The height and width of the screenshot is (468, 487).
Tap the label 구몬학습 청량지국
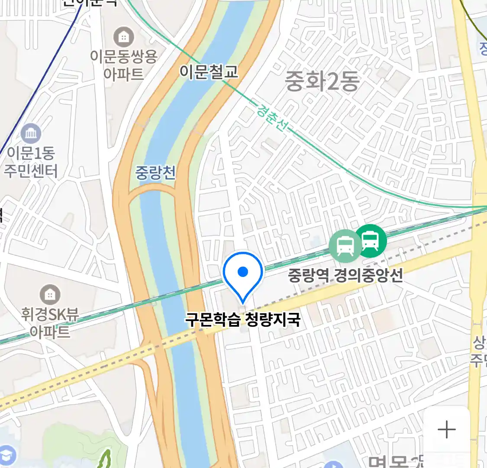(x=242, y=320)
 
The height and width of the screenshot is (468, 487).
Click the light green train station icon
(x=345, y=246)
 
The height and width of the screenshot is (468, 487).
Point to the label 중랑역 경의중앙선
(x=345, y=275)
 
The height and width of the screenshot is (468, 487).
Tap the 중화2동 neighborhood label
(x=322, y=81)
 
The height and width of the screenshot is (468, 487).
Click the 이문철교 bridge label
(x=209, y=72)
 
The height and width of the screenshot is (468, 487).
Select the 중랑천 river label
(x=155, y=172)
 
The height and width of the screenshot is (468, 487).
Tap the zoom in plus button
(x=446, y=430)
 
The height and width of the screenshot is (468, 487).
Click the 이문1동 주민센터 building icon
(x=31, y=133)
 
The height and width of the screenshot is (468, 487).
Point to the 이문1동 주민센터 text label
(x=31, y=162)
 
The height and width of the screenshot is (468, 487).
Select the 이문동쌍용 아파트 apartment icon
(x=124, y=37)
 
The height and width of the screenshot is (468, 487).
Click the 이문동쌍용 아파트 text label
(x=124, y=65)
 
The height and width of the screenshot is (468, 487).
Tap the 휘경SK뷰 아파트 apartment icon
(x=50, y=295)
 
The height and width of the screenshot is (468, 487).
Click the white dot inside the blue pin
(x=243, y=272)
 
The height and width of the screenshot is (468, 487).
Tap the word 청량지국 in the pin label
(x=272, y=320)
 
